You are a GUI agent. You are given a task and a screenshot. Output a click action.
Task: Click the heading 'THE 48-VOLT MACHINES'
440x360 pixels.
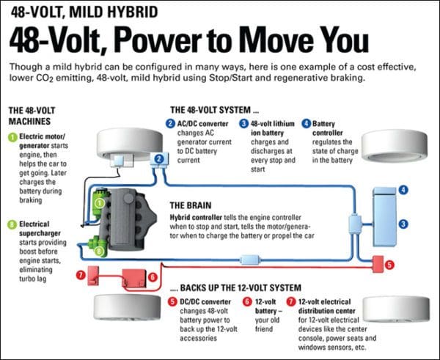[32, 116]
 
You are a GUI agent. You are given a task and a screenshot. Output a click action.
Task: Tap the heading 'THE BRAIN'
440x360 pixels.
[195, 205]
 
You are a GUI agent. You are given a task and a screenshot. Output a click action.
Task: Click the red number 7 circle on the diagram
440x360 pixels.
[80, 275]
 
